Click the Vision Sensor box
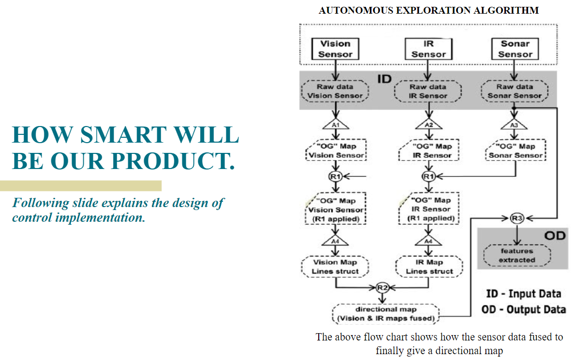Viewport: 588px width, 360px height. pos(335,49)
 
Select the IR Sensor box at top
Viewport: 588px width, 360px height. pos(429,49)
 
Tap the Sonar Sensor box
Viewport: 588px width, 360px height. pos(515,49)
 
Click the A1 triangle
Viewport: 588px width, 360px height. pos(335,125)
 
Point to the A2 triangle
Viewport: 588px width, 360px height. pos(429,125)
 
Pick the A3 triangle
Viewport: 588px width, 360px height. pos(515,125)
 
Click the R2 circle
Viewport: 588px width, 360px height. pos(382,288)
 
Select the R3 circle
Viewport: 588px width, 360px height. pos(517,218)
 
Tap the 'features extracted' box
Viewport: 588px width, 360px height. pos(517,255)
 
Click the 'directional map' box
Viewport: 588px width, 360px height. pos(386,314)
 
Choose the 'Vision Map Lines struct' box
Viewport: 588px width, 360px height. pos(335,266)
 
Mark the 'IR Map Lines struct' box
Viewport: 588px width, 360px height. pos(429,266)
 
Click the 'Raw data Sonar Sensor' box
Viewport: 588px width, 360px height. pos(515,91)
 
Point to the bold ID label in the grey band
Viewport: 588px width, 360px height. pos(385,78)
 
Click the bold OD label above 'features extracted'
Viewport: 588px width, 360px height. pos(554,236)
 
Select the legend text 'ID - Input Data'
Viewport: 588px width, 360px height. pos(523,294)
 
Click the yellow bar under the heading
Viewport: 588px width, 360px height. pos(81,186)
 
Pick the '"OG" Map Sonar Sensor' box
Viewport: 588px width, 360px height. pos(516,151)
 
